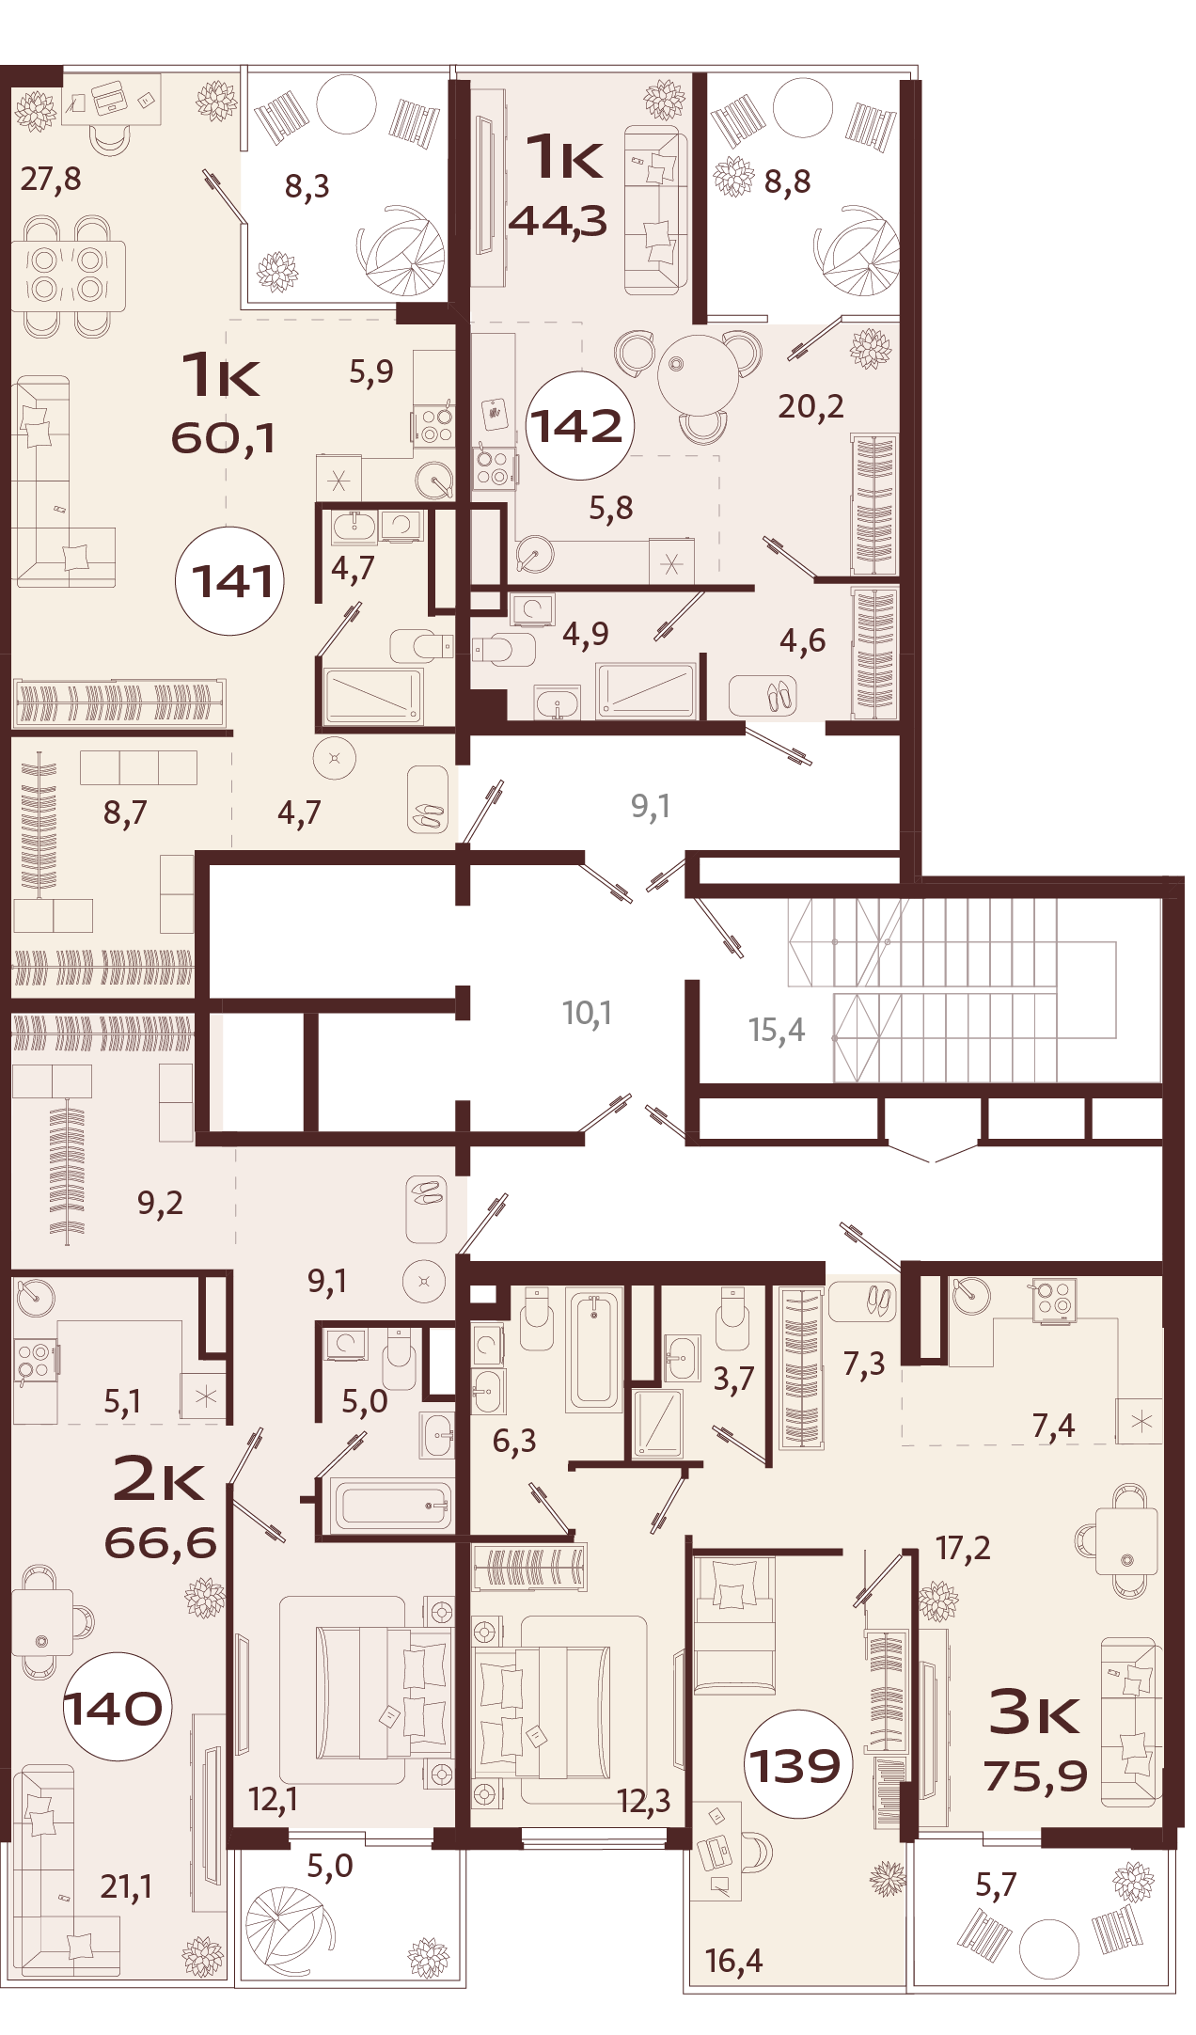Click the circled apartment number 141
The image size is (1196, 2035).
coord(231,581)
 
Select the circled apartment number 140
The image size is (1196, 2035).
coord(114,1708)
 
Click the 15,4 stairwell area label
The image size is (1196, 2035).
coord(777,1030)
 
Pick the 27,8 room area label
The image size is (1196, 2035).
coord(51,178)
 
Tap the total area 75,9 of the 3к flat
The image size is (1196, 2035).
coord(1035,1776)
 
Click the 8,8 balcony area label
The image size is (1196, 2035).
coord(787,181)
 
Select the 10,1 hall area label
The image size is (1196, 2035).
coord(587,1013)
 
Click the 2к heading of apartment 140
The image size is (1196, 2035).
coord(158,1479)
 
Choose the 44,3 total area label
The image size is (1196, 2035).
coord(558,221)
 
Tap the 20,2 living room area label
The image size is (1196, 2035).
coord(810,406)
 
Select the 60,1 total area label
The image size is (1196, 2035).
coord(223,437)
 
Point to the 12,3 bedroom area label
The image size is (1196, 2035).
coord(644,1800)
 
